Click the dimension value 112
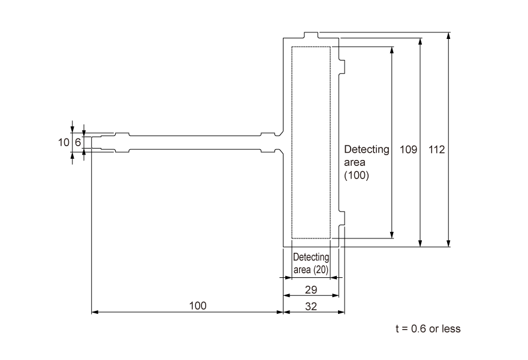coord(437,149)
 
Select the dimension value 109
coord(408,149)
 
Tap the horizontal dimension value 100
coord(198,305)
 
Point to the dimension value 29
coord(312,289)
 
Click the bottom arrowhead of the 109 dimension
coord(420,243)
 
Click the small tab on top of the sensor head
coord(312,35)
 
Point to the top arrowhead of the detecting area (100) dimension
coord(392,50)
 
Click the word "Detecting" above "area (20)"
coord(312,257)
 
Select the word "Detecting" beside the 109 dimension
coord(366,149)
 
